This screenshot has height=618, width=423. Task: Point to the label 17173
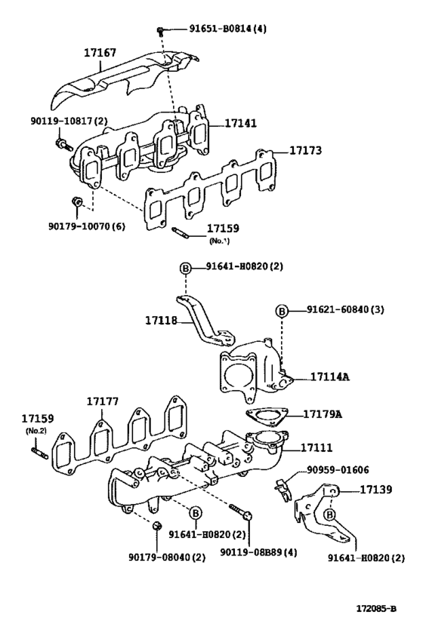pyautogui.click(x=306, y=151)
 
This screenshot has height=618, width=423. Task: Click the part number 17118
pyautogui.click(x=160, y=321)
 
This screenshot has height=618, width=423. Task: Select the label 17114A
pyautogui.click(x=329, y=377)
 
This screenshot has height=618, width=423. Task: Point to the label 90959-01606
pyautogui.click(x=338, y=470)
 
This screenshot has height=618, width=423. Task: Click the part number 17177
pyautogui.click(x=101, y=402)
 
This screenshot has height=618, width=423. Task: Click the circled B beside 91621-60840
pyautogui.click(x=281, y=310)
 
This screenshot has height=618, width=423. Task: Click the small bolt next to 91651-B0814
pyautogui.click(x=161, y=29)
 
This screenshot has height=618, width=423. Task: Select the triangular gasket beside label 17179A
pyautogui.click(x=261, y=416)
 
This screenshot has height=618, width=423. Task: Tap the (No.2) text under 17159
pyautogui.click(x=35, y=430)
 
